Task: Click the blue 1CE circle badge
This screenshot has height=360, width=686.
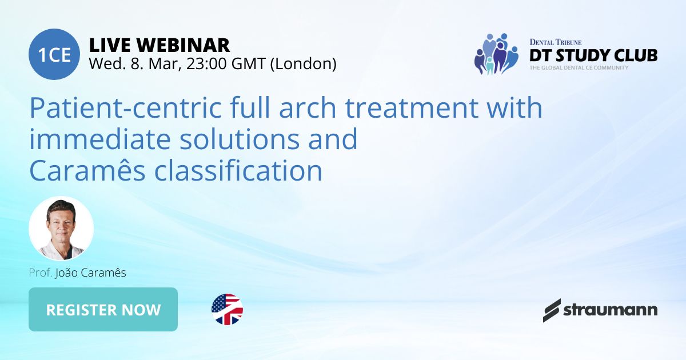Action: coord(54,54)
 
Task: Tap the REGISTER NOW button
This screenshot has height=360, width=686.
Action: coord(103,310)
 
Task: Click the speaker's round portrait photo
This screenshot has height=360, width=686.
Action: coord(61,229)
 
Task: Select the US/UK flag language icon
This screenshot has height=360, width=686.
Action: coord(227,310)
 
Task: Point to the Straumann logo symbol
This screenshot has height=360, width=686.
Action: coord(552,310)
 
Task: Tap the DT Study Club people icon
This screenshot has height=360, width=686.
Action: coord(496,54)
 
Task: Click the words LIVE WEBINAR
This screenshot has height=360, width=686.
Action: coord(159,45)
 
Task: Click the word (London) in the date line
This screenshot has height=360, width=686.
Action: coord(302,63)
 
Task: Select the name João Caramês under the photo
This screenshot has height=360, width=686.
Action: coord(90,273)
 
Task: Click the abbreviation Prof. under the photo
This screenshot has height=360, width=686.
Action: coord(41,273)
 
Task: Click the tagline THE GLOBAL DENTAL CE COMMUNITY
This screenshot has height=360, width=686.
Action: coord(579,68)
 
